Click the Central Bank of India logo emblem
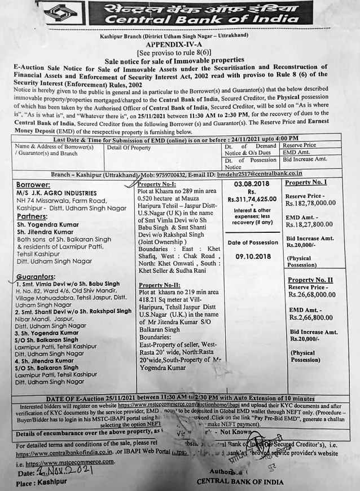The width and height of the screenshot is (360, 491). [60, 13]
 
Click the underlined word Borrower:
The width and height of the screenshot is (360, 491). [33, 185]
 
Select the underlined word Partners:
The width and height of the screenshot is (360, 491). [32, 216]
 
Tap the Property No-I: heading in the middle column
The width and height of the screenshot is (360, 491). [157, 184]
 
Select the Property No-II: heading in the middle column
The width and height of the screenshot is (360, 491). [159, 285]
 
